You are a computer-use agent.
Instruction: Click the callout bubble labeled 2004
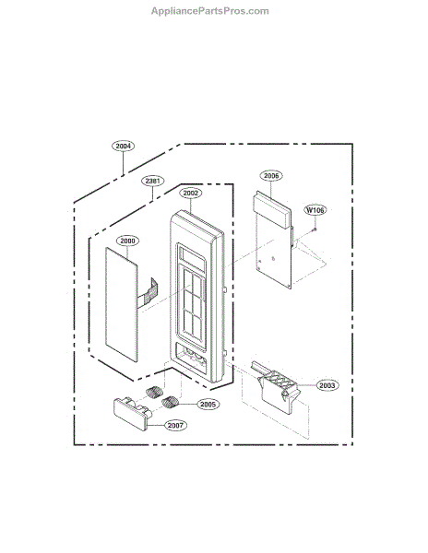tap(124, 146)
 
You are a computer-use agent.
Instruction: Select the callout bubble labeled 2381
tap(153, 181)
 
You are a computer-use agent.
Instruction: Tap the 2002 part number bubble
tap(191, 194)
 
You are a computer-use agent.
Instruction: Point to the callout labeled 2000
tap(127, 241)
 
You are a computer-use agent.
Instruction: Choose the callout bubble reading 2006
tap(271, 175)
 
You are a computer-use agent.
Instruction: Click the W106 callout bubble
tap(315, 210)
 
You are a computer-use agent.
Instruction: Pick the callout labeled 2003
tap(327, 385)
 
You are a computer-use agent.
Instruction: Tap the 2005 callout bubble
tap(208, 405)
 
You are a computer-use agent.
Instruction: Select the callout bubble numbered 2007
tap(175, 425)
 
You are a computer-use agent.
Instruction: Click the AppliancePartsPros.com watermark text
tap(210, 11)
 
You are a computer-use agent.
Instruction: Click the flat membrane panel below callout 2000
tap(121, 304)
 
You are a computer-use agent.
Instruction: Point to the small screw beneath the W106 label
tap(315, 229)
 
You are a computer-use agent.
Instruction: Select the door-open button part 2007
tap(131, 414)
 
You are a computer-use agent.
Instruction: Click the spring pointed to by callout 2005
tap(171, 402)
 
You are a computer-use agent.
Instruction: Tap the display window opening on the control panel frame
tap(192, 258)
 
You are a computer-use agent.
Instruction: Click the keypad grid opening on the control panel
tap(193, 306)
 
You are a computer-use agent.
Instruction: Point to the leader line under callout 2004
tap(124, 163)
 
